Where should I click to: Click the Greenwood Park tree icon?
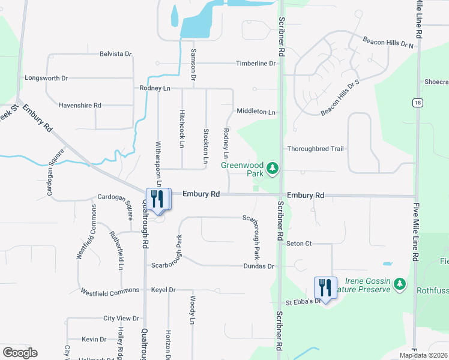point(274,168)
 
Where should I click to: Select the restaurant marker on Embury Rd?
point(158,200)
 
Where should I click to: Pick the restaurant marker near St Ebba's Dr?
point(325,288)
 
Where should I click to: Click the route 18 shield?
point(417,103)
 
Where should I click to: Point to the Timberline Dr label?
point(256,63)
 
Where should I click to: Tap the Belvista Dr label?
point(116,54)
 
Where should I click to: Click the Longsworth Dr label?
point(46,78)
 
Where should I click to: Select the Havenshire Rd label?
point(80,105)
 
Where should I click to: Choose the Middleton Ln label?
point(256,112)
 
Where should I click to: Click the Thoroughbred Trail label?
point(315,149)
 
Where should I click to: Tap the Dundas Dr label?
point(259,266)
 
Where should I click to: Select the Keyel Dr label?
point(163,290)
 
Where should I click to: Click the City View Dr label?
point(121,319)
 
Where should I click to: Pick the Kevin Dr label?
point(94,339)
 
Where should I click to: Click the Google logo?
point(20,353)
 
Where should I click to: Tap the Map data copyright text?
point(423,355)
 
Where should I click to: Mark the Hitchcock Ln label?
point(182,128)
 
